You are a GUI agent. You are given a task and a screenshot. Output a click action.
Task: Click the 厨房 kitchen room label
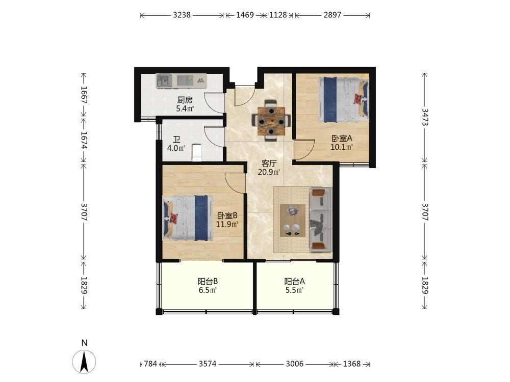point(185,100)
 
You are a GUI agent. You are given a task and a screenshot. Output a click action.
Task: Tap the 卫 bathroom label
point(176,140)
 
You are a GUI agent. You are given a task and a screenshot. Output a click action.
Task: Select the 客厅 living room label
point(269,163)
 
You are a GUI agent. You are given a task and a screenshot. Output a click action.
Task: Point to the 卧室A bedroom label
point(342,139)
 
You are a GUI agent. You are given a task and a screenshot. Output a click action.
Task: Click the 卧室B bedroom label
point(227,215)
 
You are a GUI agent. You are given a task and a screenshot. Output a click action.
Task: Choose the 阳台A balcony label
point(294,281)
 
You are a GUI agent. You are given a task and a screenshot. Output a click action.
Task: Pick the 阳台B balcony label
point(208,281)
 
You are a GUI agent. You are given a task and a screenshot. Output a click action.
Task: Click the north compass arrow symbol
point(84,362)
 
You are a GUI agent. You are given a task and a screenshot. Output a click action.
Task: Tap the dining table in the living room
point(271,121)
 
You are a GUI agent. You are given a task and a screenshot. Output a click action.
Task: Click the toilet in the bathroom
point(197,153)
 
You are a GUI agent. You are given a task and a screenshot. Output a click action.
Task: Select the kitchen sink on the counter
point(164,80)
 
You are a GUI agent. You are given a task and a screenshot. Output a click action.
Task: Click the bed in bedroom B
point(186,218)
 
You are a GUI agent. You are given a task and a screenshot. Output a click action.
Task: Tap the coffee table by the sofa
point(293,220)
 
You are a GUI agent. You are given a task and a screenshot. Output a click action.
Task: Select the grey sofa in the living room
point(321,219)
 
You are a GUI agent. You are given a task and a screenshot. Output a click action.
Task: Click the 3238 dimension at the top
point(182,15)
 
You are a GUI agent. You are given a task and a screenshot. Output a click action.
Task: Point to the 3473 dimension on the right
point(424,117)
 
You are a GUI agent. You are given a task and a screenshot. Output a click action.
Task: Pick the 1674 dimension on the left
point(84,140)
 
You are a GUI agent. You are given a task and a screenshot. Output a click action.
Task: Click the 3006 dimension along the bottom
point(295,364)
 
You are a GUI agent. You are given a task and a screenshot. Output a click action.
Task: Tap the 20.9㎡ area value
point(269,172)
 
